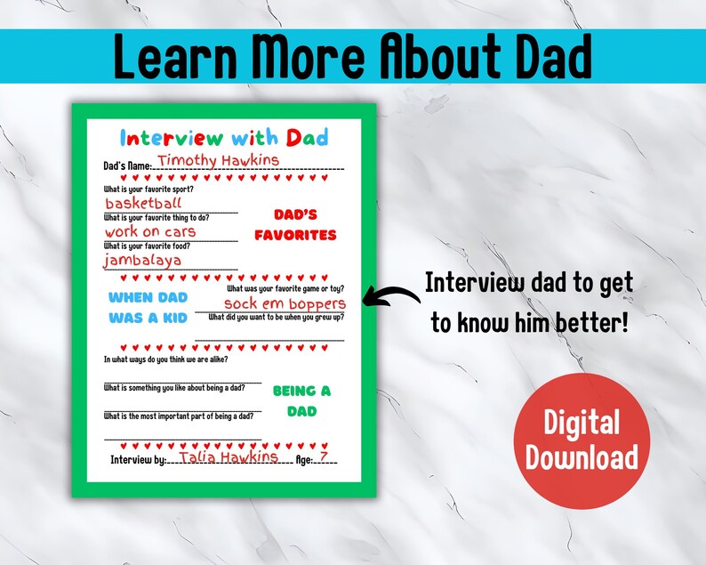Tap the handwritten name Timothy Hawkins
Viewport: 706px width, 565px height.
click(218, 160)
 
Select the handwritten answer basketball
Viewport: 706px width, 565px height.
click(143, 203)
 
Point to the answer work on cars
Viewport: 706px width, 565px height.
click(149, 231)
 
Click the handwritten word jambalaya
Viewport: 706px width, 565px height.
click(142, 260)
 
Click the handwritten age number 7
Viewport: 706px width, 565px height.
click(323, 456)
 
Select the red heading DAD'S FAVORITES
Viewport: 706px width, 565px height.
click(295, 225)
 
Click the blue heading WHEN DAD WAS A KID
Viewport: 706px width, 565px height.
click(148, 307)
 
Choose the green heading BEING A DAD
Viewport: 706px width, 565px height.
click(301, 400)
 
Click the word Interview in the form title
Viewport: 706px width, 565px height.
click(172, 137)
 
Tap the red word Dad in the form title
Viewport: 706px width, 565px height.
click(308, 137)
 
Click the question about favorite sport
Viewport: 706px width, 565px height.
click(148, 189)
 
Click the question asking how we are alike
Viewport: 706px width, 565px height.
click(165, 359)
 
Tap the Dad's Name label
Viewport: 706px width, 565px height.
click(127, 165)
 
